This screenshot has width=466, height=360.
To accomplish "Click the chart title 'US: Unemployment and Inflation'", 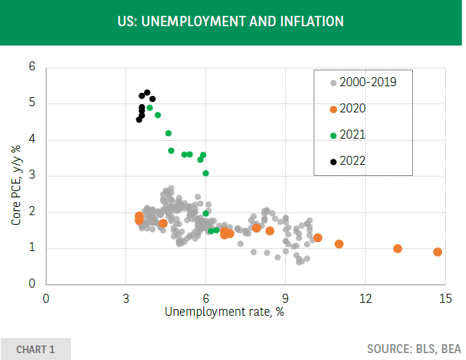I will (x=231, y=21).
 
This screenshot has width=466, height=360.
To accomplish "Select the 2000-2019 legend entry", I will (x=363, y=82).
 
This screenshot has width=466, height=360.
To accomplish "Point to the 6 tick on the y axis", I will (x=32, y=68).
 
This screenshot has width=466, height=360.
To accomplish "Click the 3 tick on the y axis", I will (x=32, y=176).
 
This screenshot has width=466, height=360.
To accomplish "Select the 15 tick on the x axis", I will (x=445, y=298).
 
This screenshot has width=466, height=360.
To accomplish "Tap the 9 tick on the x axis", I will (x=285, y=298).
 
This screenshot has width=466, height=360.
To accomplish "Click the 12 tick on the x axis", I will (x=365, y=298).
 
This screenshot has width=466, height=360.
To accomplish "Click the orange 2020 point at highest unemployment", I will (x=438, y=252).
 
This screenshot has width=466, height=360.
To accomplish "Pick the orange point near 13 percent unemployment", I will (x=398, y=248).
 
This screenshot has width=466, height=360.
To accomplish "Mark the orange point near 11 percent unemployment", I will (x=339, y=243).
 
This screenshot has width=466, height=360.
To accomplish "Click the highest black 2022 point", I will (x=147, y=92).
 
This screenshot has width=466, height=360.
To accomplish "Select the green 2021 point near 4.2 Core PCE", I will (x=168, y=133).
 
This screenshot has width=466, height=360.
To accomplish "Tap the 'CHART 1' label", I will (x=35, y=349).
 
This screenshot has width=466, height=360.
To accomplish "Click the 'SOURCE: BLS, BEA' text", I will (x=414, y=349).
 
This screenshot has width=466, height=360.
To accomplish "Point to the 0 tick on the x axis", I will (x=46, y=298).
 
